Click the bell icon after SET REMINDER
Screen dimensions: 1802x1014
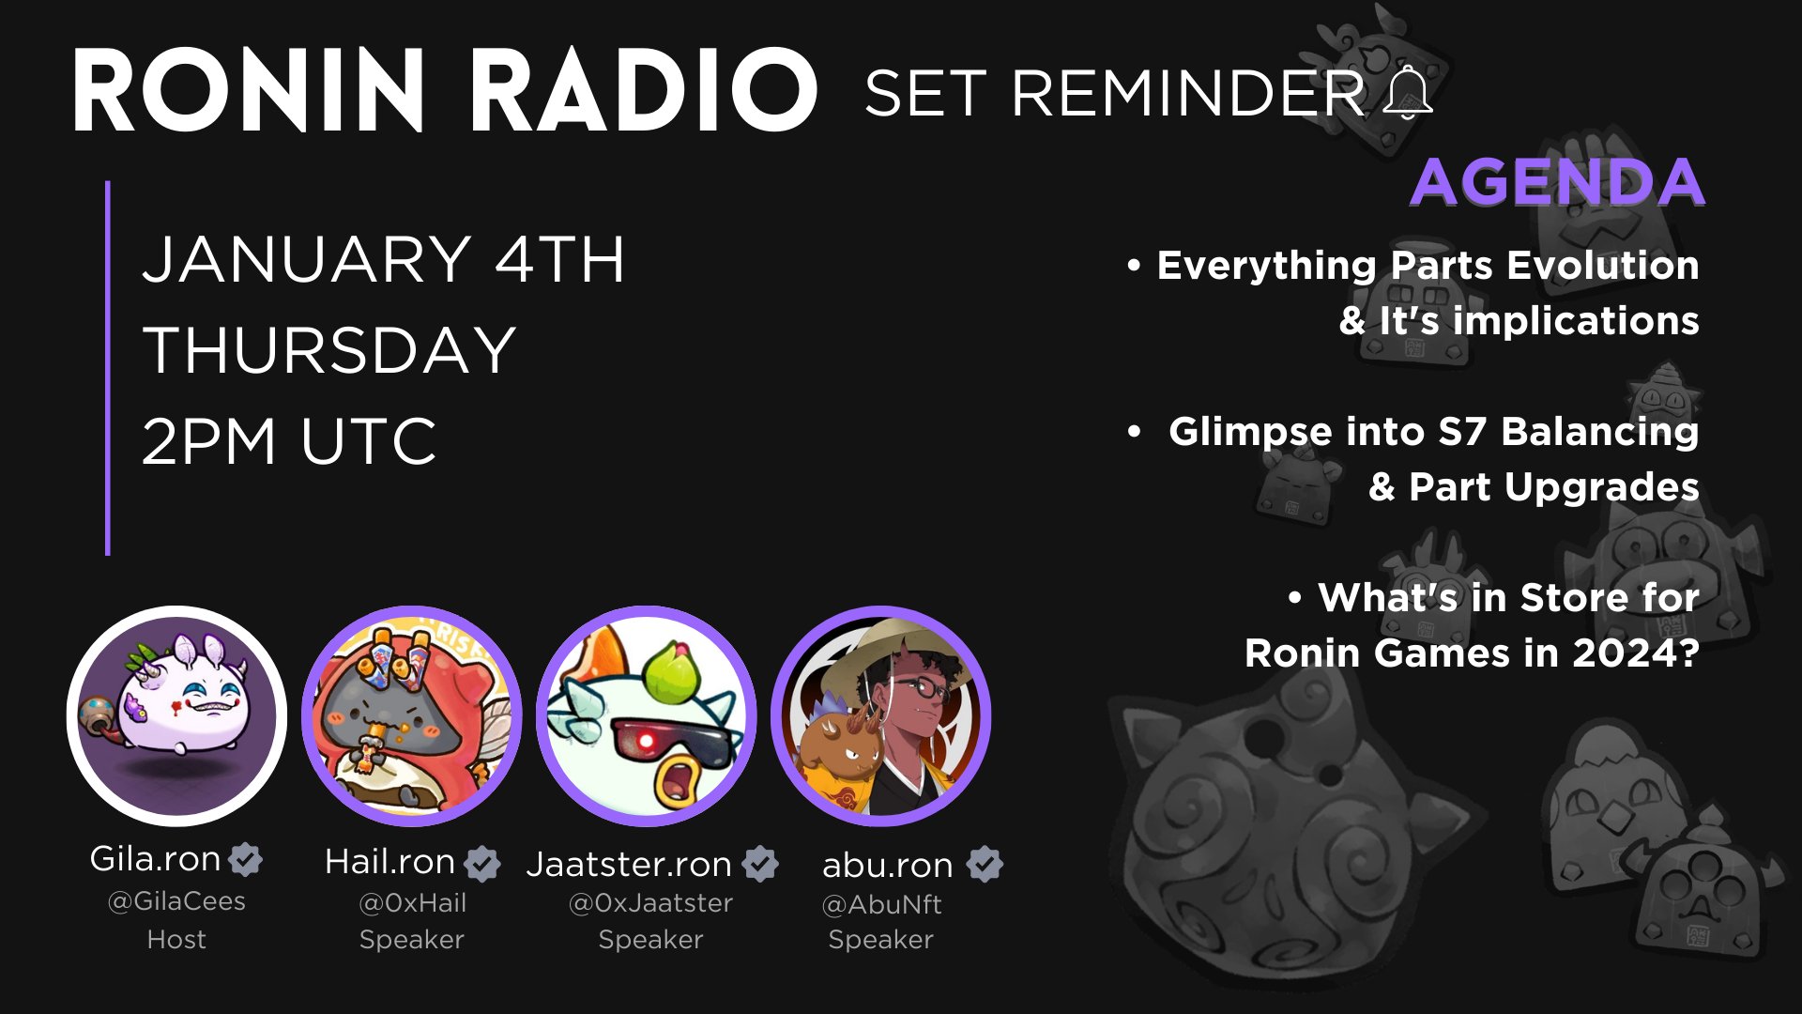tap(1408, 93)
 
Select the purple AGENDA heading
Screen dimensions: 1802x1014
tap(1557, 181)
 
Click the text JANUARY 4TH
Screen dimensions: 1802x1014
tap(383, 259)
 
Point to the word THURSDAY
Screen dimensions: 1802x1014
tap(329, 350)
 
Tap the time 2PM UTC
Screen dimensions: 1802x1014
tap(289, 440)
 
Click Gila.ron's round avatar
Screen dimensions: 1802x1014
tap(176, 716)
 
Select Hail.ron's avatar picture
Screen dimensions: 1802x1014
tap(411, 716)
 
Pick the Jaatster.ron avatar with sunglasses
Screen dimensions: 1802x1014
tap(646, 716)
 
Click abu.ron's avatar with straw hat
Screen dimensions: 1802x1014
tap(880, 716)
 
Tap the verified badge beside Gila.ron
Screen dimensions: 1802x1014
tap(246, 859)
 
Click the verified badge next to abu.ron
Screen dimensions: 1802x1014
tap(985, 865)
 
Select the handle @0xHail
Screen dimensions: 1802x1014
tap(412, 903)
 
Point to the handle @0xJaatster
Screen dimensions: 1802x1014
tap(650, 903)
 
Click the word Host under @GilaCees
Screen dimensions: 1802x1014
tap(176, 939)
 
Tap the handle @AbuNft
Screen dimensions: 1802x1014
tap(881, 905)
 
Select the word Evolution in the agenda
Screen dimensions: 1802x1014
tap(1603, 266)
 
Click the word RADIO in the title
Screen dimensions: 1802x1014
tap(644, 91)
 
